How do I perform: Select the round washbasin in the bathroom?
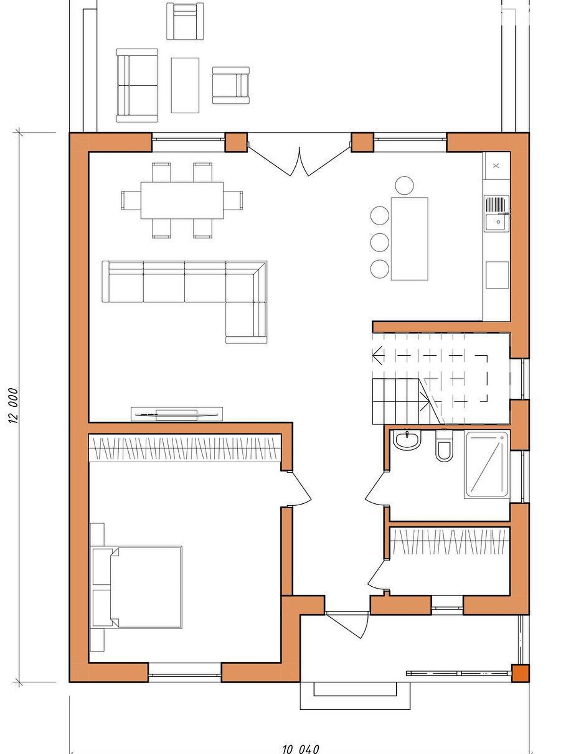(x=407, y=440)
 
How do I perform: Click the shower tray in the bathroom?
(x=487, y=465)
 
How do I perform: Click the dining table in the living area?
(x=182, y=200)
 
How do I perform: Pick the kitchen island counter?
(x=409, y=239)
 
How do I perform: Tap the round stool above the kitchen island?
(x=404, y=186)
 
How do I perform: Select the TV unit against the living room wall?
(x=176, y=414)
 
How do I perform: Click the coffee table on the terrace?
(x=185, y=85)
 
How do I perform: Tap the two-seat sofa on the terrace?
(x=137, y=86)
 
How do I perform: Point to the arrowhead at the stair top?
(x=378, y=355)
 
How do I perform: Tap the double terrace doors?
(x=300, y=158)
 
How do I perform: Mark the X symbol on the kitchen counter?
(x=496, y=165)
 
